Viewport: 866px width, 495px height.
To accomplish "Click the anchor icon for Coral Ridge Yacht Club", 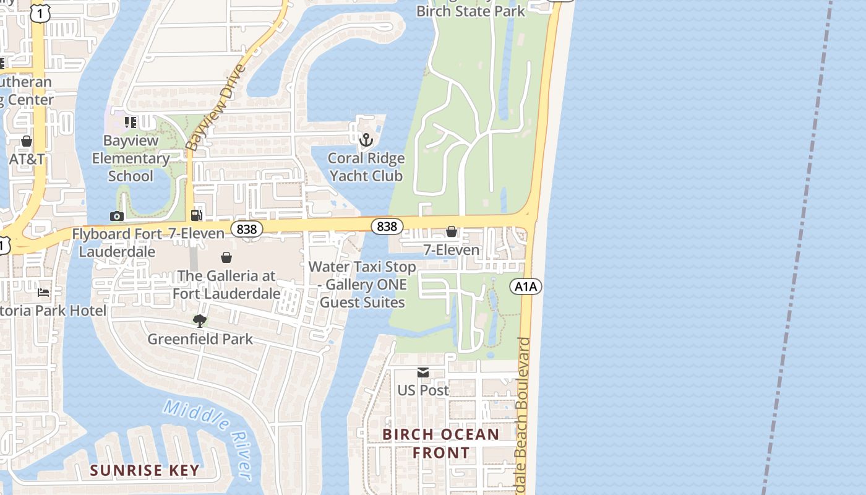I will point(366,140).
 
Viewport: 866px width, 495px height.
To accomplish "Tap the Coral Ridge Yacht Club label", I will point(366,167).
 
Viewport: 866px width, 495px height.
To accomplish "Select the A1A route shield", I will point(526,286).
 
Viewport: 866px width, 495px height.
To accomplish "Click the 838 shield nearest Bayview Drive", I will point(246,229).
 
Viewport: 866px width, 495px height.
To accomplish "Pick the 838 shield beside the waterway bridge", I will point(387,226).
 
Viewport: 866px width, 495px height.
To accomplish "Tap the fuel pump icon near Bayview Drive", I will point(197,215).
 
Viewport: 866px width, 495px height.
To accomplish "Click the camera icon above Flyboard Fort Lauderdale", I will point(116,216).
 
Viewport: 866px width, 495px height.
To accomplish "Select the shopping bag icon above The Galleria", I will point(226,257).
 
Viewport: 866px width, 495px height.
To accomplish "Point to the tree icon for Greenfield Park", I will point(199,321).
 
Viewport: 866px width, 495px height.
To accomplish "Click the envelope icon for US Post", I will point(423,372).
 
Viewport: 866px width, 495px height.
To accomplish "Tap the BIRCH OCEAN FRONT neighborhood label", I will point(440,444).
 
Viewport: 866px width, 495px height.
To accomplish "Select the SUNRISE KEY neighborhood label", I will point(145,470).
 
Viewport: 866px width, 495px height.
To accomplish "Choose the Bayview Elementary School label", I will point(131,158).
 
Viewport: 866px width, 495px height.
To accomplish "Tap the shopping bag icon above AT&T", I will point(27,141).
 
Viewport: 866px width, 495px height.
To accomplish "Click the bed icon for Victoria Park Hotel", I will point(43,291).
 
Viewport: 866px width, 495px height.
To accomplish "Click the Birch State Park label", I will point(470,11).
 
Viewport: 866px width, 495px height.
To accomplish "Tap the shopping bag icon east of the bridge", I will point(452,231).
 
